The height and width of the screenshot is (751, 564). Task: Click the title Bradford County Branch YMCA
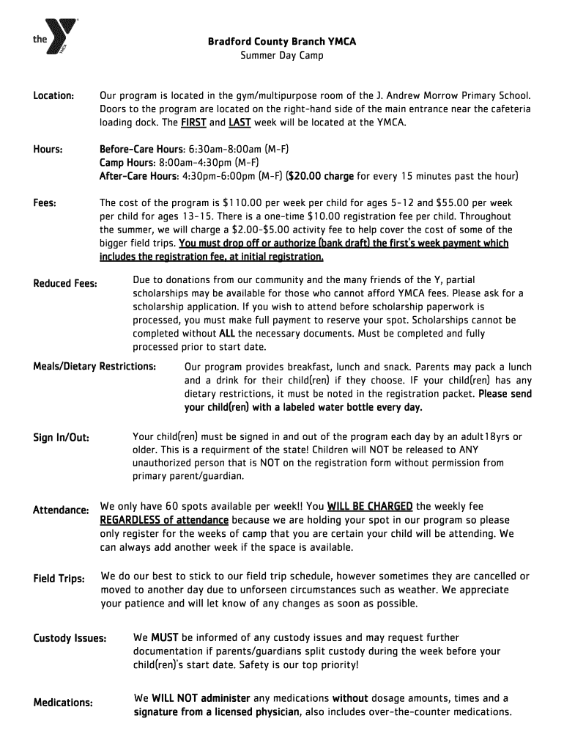pyautogui.click(x=281, y=43)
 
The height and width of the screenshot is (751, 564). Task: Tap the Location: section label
pyautogui.click(x=53, y=96)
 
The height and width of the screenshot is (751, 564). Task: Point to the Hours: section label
pyautogui.click(x=48, y=150)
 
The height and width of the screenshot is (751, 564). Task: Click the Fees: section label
pyautogui.click(x=45, y=202)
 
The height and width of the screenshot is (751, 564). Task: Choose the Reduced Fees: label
pyautogui.click(x=66, y=283)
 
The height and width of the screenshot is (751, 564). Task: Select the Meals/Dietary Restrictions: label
pyautogui.click(x=94, y=365)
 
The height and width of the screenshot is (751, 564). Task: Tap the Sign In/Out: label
pyautogui.click(x=61, y=438)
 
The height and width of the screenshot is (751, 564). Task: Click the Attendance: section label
pyautogui.click(x=62, y=510)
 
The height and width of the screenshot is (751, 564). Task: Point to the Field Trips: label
pyautogui.click(x=59, y=579)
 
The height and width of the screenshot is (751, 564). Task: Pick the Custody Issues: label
pyautogui.click(x=70, y=638)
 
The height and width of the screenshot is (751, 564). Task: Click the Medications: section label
pyautogui.click(x=63, y=703)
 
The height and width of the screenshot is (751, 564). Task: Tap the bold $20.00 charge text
pyautogui.click(x=321, y=176)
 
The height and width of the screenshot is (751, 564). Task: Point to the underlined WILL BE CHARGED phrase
pyautogui.click(x=370, y=506)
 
